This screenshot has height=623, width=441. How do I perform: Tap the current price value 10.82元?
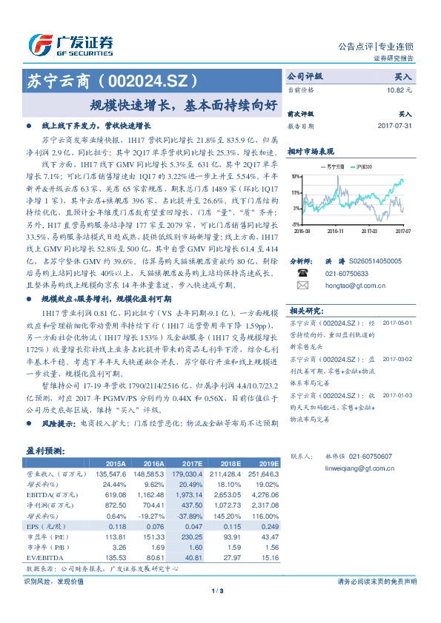pos(398,90)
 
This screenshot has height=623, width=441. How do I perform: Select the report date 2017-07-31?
pos(394,126)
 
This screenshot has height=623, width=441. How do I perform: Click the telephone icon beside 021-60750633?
pos(302,272)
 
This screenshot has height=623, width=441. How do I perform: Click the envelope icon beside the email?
pos(302,283)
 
